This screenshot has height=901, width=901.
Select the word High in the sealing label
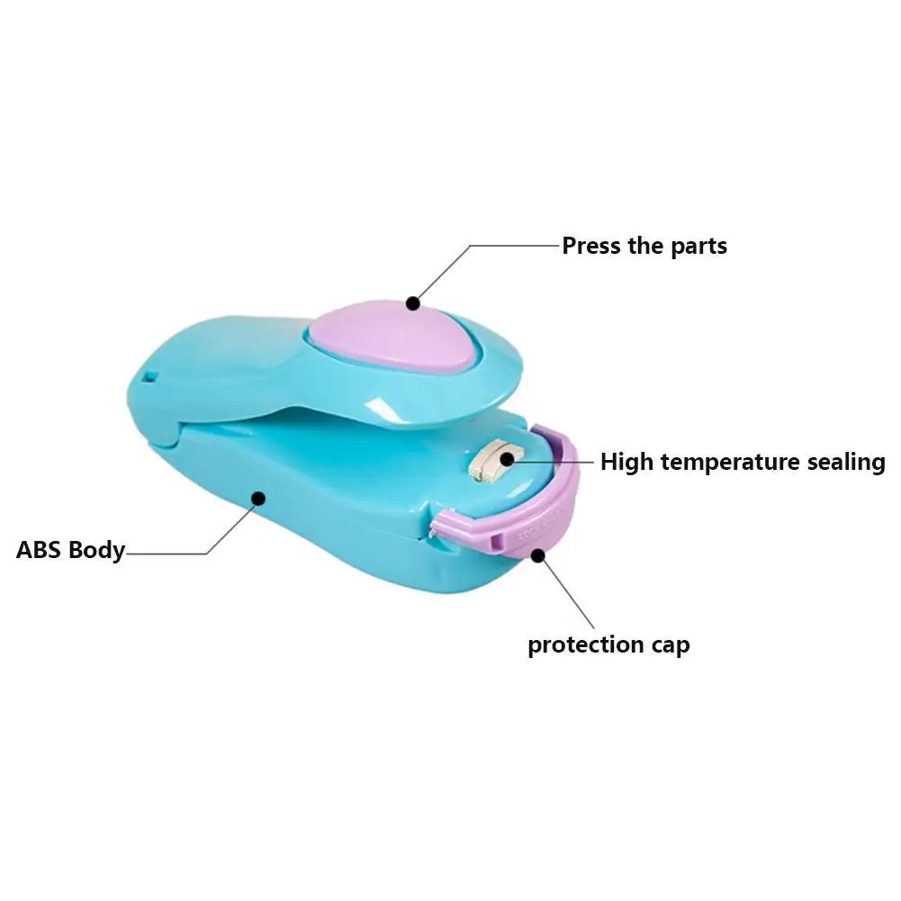[x=627, y=463]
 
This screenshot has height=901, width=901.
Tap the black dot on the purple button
[x=413, y=303]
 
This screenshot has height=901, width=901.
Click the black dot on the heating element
[x=507, y=459]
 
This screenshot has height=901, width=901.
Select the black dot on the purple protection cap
[x=538, y=555]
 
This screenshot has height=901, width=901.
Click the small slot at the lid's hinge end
[x=149, y=371]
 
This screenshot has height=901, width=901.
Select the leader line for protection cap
[x=567, y=594]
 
